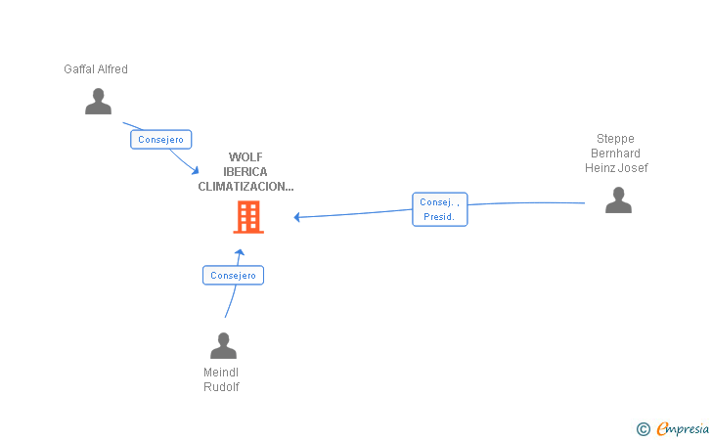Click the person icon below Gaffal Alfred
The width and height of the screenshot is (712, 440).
coord(98,102)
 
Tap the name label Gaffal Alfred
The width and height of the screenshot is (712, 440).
coord(96,69)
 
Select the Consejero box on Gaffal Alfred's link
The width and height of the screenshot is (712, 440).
coord(160,140)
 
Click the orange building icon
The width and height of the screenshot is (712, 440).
coord(248,217)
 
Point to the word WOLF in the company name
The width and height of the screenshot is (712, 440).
coord(245,157)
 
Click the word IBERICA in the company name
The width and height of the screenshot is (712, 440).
coord(245,172)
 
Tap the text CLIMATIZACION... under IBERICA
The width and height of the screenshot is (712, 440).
coord(245,186)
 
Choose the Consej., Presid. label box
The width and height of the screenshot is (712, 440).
coord(439,209)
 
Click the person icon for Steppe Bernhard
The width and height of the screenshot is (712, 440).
coord(618,199)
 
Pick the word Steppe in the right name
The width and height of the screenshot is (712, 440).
coord(615,139)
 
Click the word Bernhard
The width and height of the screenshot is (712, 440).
coord(615,154)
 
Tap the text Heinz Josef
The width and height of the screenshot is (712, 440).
coord(616,168)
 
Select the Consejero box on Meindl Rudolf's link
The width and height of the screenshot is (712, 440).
coord(233,275)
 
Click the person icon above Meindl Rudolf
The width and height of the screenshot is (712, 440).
coord(223,345)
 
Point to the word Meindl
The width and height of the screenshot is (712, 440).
coord(221,373)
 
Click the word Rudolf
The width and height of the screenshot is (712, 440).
coord(221,387)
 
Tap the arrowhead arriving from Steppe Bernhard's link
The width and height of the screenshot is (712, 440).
coord(297,217)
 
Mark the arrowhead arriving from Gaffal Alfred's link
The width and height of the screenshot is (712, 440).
coord(196,171)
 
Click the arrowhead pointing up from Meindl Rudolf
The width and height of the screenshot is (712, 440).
coord(240,252)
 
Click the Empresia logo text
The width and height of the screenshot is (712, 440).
coord(683,428)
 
